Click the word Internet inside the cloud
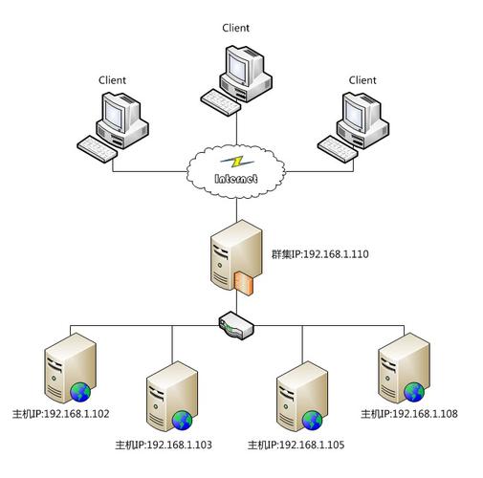click(x=235, y=178)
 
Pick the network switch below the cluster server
click(x=235, y=326)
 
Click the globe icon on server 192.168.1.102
click(x=80, y=390)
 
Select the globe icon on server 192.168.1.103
click(x=181, y=422)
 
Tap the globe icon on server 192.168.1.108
click(x=413, y=390)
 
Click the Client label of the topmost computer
click(x=235, y=29)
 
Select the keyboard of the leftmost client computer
click(x=99, y=146)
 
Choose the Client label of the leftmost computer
click(x=112, y=80)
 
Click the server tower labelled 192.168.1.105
click(x=297, y=398)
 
